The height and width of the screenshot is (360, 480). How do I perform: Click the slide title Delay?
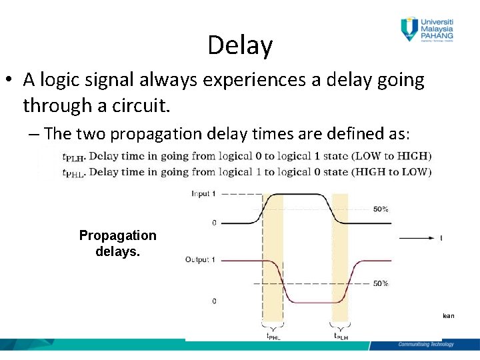coord(240,45)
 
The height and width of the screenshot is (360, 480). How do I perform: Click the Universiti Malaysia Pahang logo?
coord(427,29)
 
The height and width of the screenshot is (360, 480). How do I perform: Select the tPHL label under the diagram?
coord(273,337)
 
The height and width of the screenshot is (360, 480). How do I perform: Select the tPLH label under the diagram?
coord(340,337)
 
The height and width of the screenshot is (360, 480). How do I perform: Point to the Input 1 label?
coord(204,194)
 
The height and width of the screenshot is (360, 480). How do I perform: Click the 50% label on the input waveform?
coord(381,209)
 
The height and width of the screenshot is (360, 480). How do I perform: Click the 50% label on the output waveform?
coord(381,283)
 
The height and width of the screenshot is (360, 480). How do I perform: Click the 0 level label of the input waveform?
coord(214,223)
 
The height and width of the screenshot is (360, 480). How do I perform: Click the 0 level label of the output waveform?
coord(214,301)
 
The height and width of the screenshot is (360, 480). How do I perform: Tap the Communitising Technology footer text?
coord(425,344)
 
